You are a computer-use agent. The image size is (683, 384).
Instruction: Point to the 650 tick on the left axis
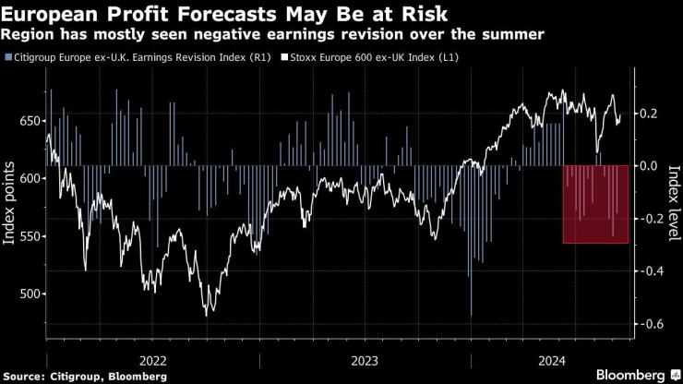(x=30, y=121)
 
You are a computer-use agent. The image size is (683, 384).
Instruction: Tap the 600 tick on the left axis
(x=30, y=178)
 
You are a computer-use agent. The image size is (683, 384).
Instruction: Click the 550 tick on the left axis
(x=30, y=236)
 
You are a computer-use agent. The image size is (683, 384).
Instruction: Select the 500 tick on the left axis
(x=30, y=294)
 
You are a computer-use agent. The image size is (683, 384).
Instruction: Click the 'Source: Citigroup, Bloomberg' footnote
(x=84, y=376)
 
